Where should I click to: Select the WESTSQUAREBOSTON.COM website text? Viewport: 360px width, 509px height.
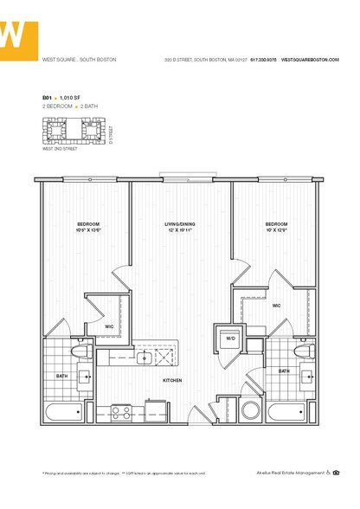click(x=310, y=60)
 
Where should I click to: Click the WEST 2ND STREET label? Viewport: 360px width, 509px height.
click(x=60, y=149)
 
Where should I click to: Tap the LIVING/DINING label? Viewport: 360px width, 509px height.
click(x=180, y=224)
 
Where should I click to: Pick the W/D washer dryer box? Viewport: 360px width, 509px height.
click(x=230, y=339)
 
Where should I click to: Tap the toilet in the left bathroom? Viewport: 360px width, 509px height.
click(x=77, y=355)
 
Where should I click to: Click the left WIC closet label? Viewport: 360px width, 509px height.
click(x=110, y=325)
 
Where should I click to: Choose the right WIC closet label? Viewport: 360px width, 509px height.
click(x=276, y=305)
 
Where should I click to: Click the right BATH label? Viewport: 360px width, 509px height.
click(x=284, y=370)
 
